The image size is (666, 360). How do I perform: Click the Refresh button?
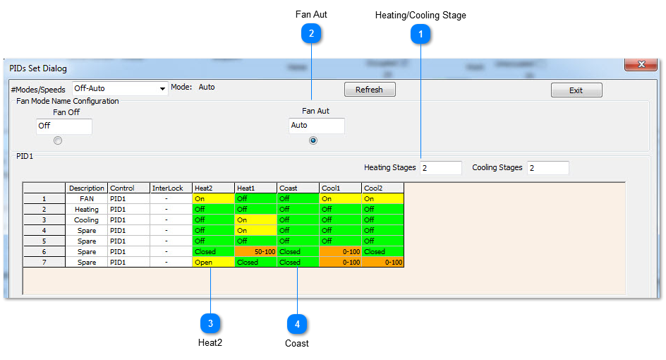click(x=370, y=90)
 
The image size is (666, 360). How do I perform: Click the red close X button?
click(x=641, y=64)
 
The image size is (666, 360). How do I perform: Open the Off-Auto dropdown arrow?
click(x=162, y=89)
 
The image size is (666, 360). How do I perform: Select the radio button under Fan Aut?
click(x=313, y=140)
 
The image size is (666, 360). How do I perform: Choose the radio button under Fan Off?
click(x=58, y=140)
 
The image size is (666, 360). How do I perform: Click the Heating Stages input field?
click(x=441, y=168)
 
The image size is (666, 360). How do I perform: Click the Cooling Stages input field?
click(x=548, y=168)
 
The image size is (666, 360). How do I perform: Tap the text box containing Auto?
click(x=317, y=126)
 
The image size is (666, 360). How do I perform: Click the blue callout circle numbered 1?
click(x=420, y=34)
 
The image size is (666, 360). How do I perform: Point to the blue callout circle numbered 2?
click(x=311, y=33)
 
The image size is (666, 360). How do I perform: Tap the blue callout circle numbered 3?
click(x=210, y=324)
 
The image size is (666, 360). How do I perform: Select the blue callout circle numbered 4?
click(x=297, y=324)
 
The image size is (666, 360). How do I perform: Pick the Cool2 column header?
click(x=382, y=188)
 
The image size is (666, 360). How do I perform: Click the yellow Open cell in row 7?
click(x=213, y=263)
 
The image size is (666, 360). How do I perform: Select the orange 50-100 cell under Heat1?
click(x=255, y=251)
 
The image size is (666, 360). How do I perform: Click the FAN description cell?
click(x=87, y=198)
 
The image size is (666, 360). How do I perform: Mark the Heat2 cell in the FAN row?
click(x=213, y=198)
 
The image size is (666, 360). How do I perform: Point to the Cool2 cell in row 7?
click(x=382, y=263)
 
